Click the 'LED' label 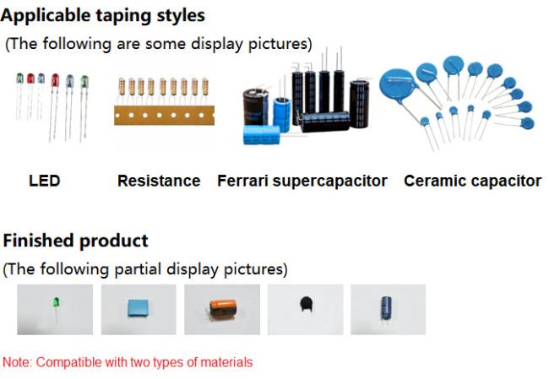click(x=45, y=181)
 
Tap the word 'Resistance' click(x=159, y=181)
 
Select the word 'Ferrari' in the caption click(x=243, y=181)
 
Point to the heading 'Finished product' click(x=76, y=241)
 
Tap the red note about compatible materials click(x=128, y=362)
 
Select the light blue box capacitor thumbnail click(x=138, y=307)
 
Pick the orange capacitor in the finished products click(x=223, y=309)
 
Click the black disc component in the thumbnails click(x=306, y=304)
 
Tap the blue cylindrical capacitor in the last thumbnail click(x=386, y=307)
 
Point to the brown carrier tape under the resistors click(x=164, y=115)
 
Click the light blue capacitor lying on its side click(x=262, y=135)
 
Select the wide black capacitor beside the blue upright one click(x=256, y=107)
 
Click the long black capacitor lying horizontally click(x=324, y=122)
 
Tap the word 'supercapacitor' click(x=330, y=181)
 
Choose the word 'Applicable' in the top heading click(x=46, y=16)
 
